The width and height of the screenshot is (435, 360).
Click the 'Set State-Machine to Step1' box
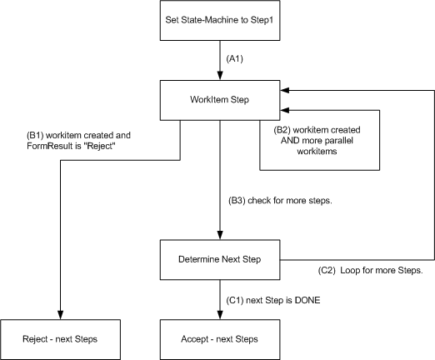(220, 20)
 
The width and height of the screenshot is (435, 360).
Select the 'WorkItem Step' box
(220, 100)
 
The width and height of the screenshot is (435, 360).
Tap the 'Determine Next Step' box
(220, 260)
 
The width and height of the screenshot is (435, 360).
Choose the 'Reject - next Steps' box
(60, 339)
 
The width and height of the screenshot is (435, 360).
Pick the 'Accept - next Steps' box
(220, 339)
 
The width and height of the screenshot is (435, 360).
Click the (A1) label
(235, 59)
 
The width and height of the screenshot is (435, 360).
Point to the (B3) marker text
(237, 201)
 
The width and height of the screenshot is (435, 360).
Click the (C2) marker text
(327, 270)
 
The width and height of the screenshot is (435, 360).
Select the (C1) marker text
(235, 300)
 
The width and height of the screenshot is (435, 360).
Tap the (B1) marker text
(35, 136)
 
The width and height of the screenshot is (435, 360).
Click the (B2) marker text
(282, 130)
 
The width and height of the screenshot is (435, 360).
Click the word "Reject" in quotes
(99, 146)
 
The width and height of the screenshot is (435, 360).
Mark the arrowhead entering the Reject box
(61, 315)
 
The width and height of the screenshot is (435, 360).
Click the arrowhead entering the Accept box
(220, 315)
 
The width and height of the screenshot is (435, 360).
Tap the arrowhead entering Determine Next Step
(220, 235)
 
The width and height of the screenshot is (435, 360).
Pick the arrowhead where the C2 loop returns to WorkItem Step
(285, 90)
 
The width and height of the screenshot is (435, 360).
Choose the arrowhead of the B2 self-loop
(285, 110)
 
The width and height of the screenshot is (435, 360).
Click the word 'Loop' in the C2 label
(349, 270)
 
